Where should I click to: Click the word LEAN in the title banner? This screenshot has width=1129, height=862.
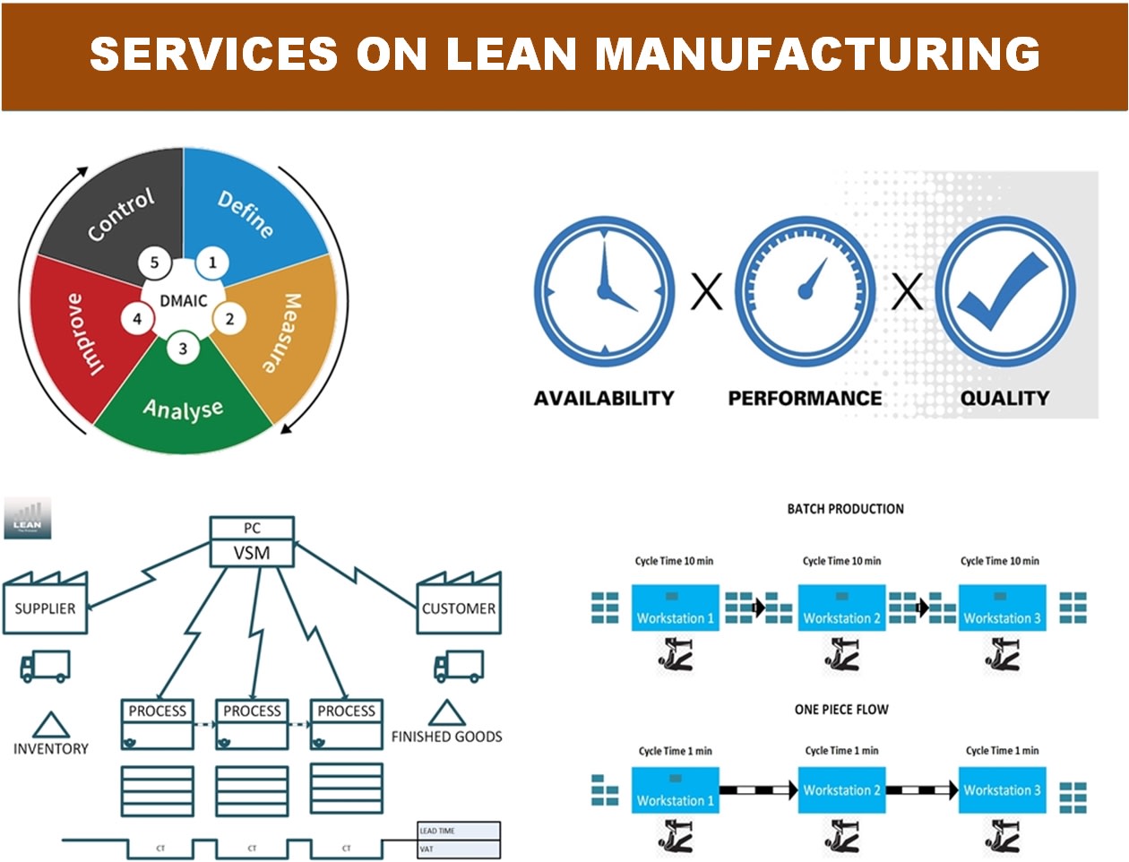tap(511, 54)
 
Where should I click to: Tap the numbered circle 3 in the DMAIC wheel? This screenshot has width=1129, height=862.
tap(183, 349)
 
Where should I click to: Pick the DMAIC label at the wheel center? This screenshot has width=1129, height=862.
tap(184, 301)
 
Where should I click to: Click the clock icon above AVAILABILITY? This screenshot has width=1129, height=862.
tap(604, 291)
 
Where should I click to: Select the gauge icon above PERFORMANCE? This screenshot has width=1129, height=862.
tap(805, 291)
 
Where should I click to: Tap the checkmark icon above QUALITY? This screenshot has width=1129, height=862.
tap(1004, 291)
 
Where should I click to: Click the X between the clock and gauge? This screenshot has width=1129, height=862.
tap(706, 292)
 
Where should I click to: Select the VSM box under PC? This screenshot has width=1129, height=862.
tap(252, 553)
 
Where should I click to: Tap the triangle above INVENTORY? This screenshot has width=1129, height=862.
tap(50, 724)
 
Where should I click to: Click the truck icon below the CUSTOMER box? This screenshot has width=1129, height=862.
tap(458, 667)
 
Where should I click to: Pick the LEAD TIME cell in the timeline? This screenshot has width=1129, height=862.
tap(458, 831)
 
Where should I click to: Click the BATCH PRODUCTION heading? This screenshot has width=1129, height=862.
tap(845, 509)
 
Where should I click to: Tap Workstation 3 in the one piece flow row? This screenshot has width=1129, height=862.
tap(1002, 789)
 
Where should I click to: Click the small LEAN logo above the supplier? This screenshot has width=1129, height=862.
tap(27, 518)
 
